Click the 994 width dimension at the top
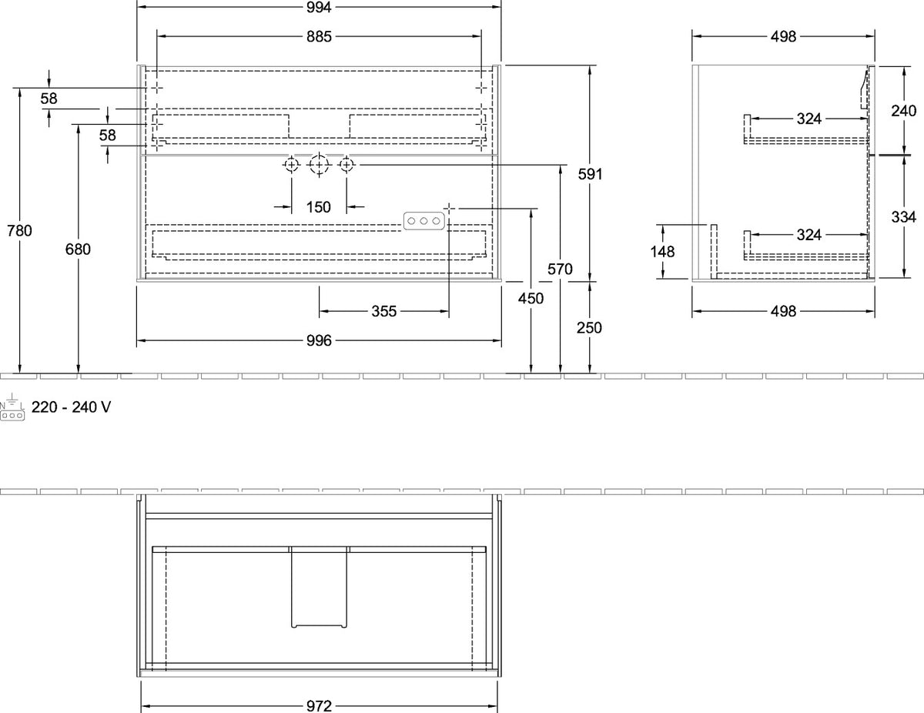pos(319,7)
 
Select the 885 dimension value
pos(319,37)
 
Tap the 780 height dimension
pos(19,231)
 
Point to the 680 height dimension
pos(78,249)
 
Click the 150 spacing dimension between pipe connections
pos(319,207)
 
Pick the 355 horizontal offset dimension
pos(384,312)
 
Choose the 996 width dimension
pos(319,340)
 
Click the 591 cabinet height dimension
pos(590,174)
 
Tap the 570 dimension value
pos(560,269)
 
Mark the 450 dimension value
pos(531,299)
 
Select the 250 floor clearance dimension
pos(589,328)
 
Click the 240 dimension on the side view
pos(903,112)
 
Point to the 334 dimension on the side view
pos(903,217)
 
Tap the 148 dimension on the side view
pos(662,252)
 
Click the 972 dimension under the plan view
pos(319,706)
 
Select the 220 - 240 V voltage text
pos(72,407)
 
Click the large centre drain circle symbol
pos(319,165)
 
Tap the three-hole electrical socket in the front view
pos(424,221)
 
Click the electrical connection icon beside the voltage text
pos(12,407)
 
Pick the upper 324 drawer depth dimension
pos(808,119)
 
